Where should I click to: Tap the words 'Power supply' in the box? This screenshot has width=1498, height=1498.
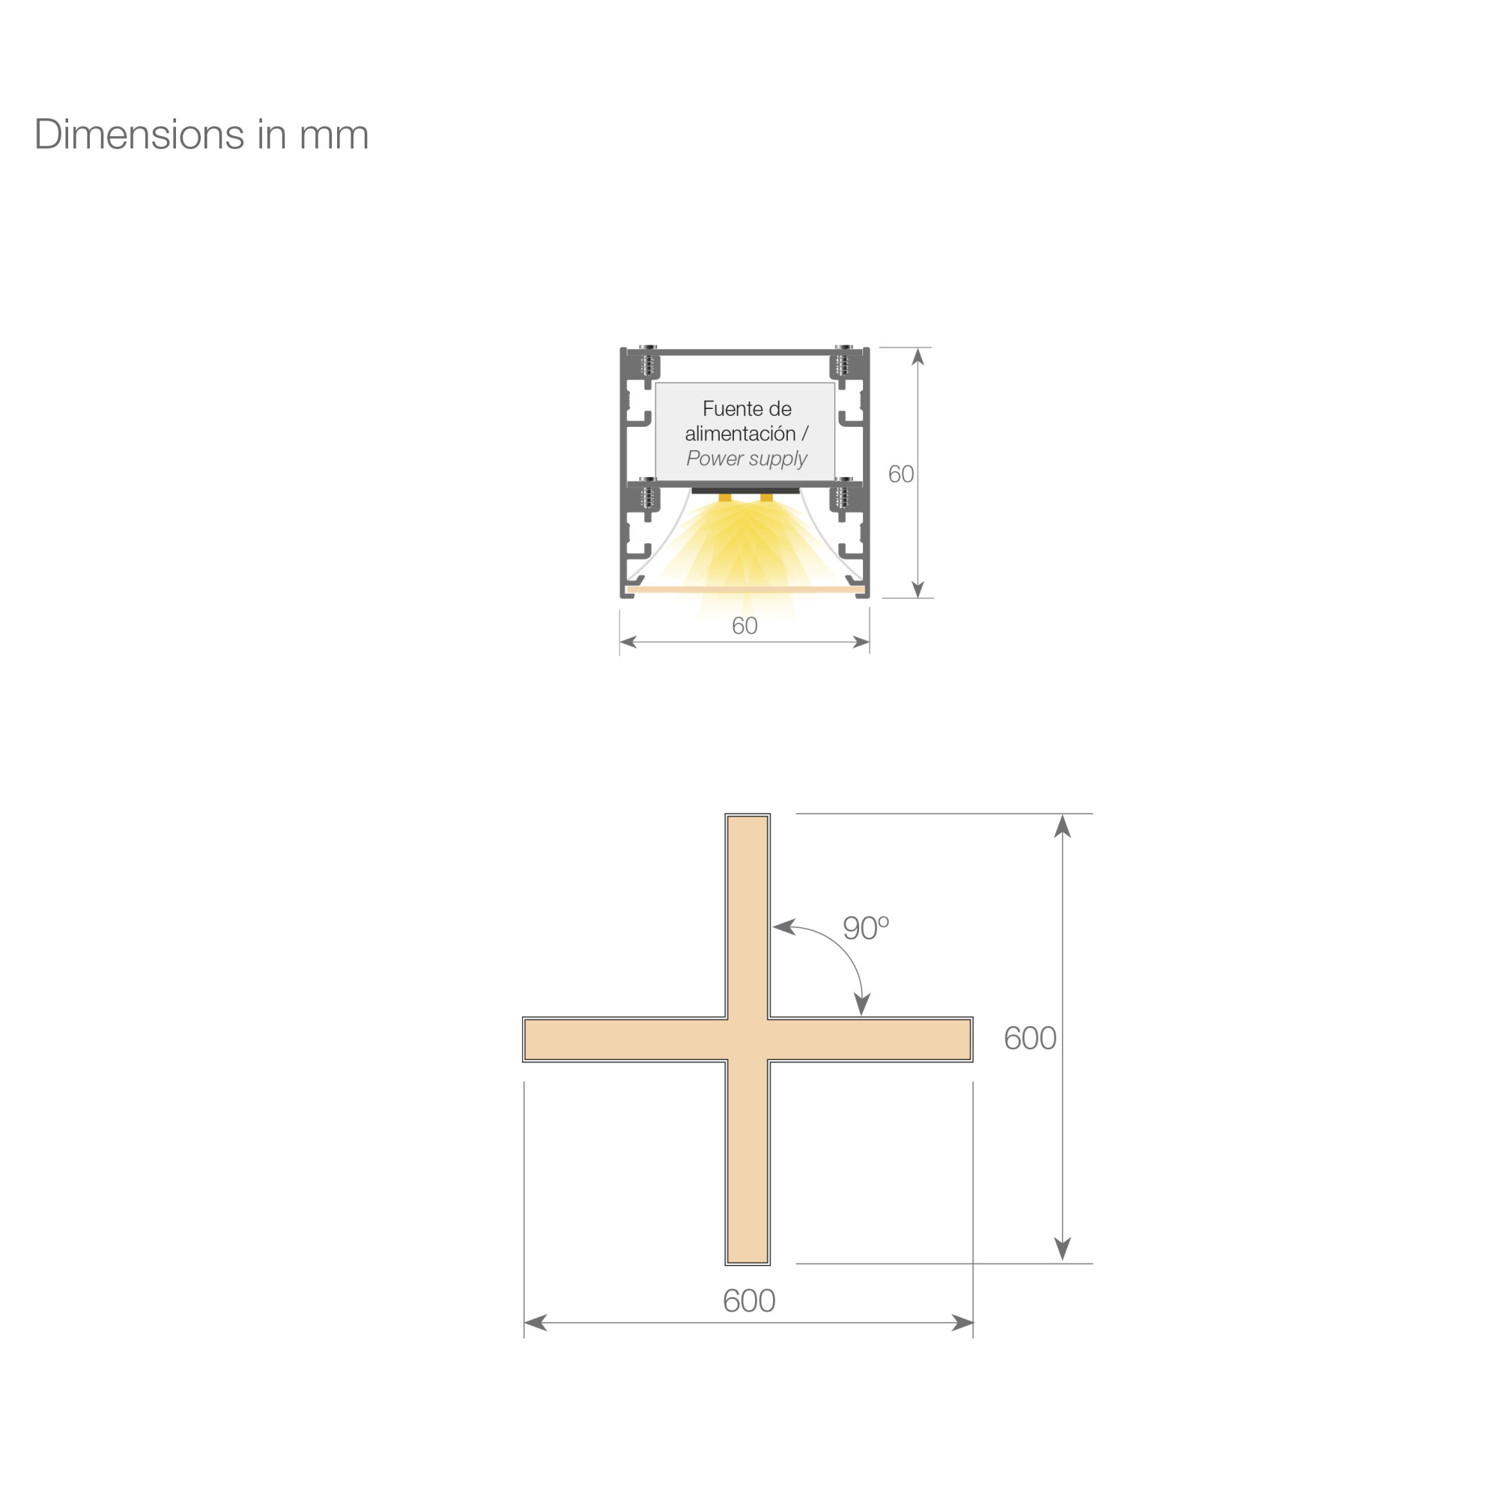[747, 459]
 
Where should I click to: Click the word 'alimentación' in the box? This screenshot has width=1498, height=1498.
[740, 434]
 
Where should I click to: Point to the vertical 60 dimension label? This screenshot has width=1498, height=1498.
[900, 474]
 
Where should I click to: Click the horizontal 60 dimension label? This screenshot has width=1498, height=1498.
[745, 625]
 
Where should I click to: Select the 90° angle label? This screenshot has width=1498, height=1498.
[865, 927]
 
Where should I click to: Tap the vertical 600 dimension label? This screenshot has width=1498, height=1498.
[1030, 1038]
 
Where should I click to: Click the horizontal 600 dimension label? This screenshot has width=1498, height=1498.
[749, 1300]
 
